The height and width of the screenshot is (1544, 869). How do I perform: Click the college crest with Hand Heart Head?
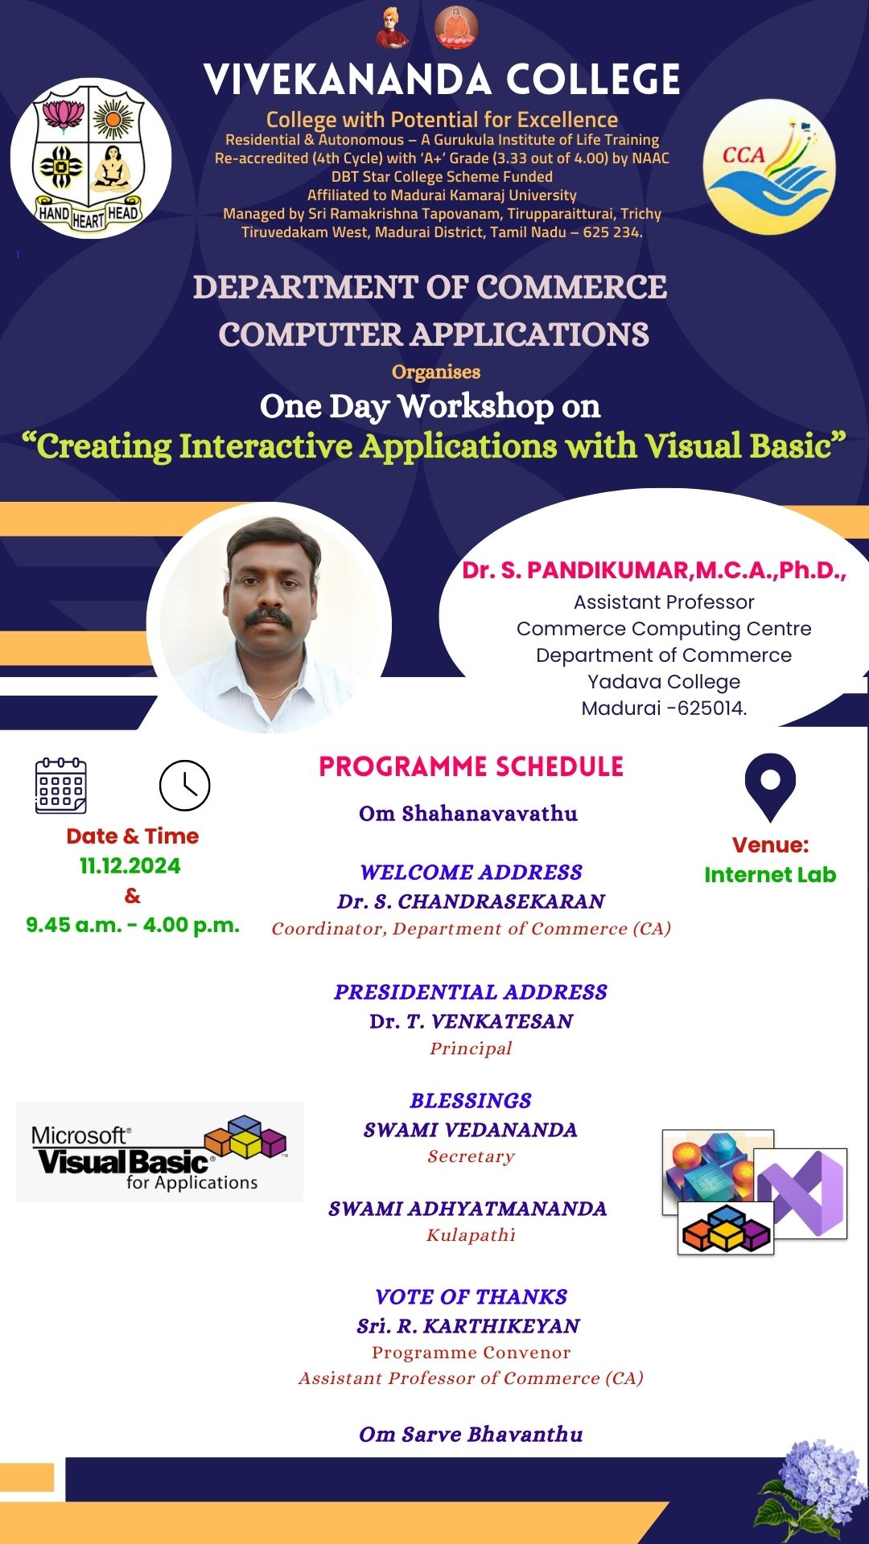[90, 158]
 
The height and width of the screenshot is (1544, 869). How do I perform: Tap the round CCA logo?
[769, 167]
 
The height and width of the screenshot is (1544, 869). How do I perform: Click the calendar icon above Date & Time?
[61, 785]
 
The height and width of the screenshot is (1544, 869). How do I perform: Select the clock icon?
[184, 786]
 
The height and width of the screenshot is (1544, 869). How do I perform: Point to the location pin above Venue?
[770, 786]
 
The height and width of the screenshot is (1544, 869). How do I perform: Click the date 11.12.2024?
[130, 866]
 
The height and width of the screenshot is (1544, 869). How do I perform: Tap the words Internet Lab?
[770, 875]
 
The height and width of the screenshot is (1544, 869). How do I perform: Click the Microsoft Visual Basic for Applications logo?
[159, 1152]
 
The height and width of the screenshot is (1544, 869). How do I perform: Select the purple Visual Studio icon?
[801, 1193]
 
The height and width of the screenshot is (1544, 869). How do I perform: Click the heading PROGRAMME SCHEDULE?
[472, 766]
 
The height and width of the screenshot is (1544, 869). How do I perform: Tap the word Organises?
[436, 372]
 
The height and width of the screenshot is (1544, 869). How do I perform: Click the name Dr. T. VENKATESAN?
[472, 1021]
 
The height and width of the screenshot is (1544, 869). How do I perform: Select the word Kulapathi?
[472, 1235]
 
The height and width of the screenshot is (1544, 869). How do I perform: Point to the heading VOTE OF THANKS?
[472, 1296]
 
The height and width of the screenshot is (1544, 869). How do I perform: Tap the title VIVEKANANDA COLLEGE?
[443, 80]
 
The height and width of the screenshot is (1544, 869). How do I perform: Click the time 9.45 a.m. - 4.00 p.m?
[133, 926]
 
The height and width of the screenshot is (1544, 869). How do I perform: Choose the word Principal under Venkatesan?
[472, 1049]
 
